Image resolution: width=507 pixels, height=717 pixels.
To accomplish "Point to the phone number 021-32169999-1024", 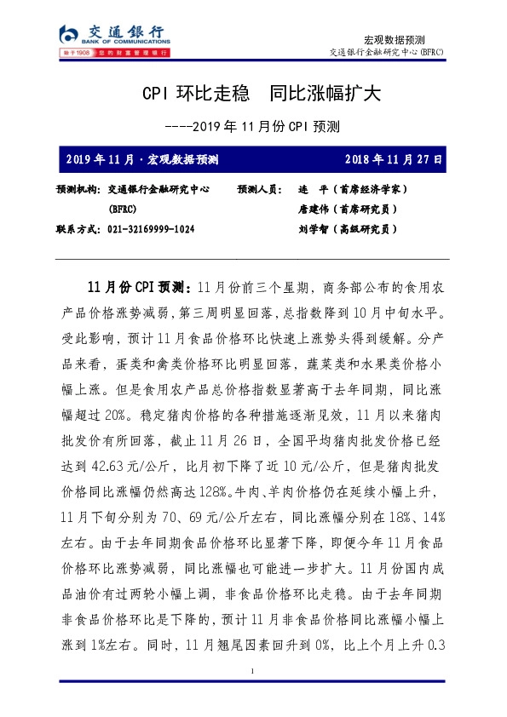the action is click(151, 229).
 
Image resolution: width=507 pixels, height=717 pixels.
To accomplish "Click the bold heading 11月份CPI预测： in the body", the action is click(141, 283).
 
